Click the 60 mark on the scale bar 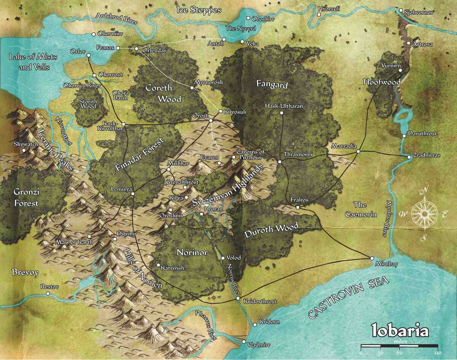pyautogui.click(x=399, y=353)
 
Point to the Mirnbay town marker pyautogui.click(x=372, y=258)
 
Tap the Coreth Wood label pyautogui.click(x=159, y=93)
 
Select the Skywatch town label pyautogui.click(x=24, y=144)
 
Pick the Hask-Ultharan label pyautogui.click(x=284, y=106)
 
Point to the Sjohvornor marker pyautogui.click(x=401, y=11)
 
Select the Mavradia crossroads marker pyautogui.click(x=358, y=151)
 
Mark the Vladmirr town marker pyautogui.click(x=244, y=342)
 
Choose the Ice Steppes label pyautogui.click(x=199, y=10)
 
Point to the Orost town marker pyautogui.click(x=211, y=121)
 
